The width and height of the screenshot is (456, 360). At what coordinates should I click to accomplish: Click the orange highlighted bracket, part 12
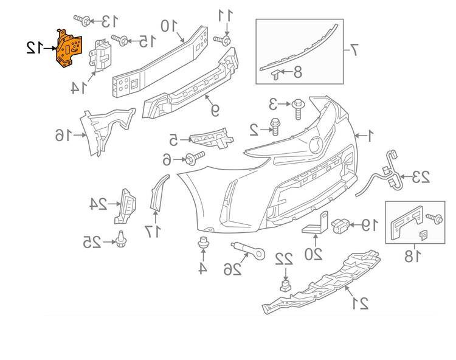(68, 49)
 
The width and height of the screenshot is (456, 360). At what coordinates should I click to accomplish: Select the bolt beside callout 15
(121, 41)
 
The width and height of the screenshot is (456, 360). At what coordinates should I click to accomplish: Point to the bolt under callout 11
(226, 41)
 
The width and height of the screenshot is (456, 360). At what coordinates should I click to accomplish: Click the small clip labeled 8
(275, 74)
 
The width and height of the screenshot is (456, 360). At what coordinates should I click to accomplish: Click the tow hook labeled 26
(246, 250)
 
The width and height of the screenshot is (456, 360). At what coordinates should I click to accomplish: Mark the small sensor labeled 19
(340, 224)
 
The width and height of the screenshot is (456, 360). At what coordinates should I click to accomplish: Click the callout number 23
(421, 178)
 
